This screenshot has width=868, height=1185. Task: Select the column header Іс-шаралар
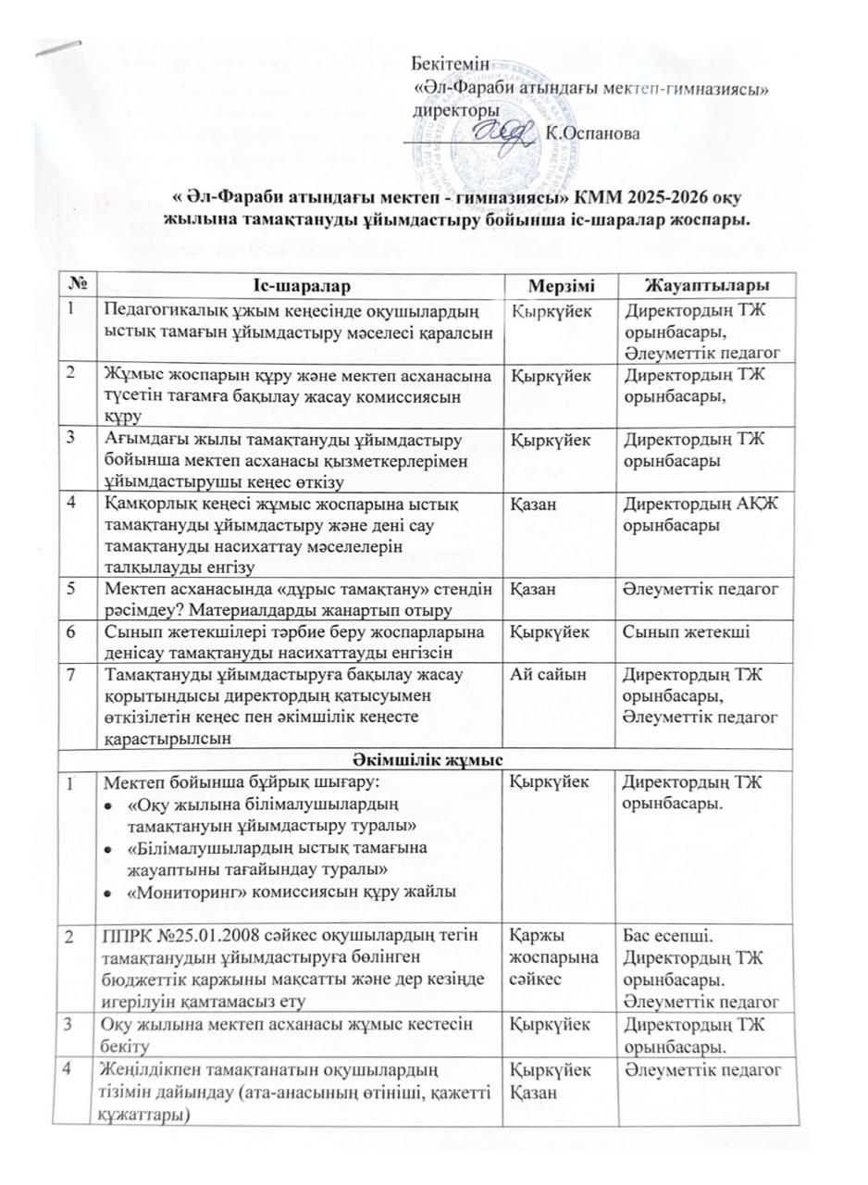pos(301,281)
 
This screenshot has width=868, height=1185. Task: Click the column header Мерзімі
pos(557,281)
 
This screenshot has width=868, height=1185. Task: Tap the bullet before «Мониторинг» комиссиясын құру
pos(112,892)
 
